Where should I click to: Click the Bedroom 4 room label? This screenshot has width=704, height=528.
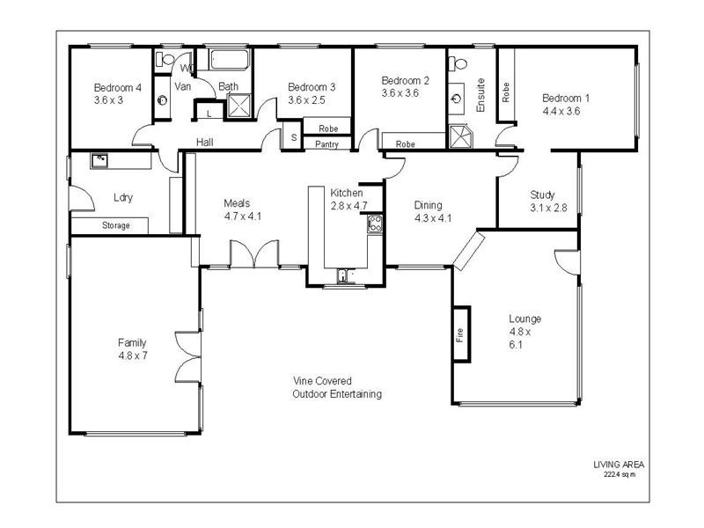pyautogui.click(x=118, y=87)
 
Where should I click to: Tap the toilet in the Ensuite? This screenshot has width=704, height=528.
pyautogui.click(x=458, y=62)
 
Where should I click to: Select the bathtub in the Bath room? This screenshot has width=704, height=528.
pyautogui.click(x=229, y=60)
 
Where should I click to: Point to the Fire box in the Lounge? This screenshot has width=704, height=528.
pyautogui.click(x=461, y=334)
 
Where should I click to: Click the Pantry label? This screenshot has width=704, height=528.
pyautogui.click(x=326, y=144)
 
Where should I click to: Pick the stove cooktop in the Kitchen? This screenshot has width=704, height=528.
pyautogui.click(x=375, y=224)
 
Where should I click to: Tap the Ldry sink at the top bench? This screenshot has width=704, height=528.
pyautogui.click(x=99, y=160)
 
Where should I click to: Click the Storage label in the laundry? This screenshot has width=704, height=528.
pyautogui.click(x=116, y=225)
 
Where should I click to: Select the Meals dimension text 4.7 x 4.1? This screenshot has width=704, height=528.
pyautogui.click(x=243, y=216)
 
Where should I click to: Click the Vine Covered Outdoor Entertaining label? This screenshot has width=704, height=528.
pyautogui.click(x=337, y=387)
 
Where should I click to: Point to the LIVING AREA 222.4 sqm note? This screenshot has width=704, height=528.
pyautogui.click(x=619, y=469)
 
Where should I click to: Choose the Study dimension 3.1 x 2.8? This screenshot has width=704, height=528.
pyautogui.click(x=548, y=208)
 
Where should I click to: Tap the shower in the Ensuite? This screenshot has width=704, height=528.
pyautogui.click(x=459, y=137)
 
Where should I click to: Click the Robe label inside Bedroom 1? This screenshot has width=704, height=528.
pyautogui.click(x=506, y=92)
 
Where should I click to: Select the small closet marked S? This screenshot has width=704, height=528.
pyautogui.click(x=294, y=137)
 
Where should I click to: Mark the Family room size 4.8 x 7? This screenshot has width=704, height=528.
pyautogui.click(x=133, y=356)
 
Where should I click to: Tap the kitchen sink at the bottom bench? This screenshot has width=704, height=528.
pyautogui.click(x=344, y=275)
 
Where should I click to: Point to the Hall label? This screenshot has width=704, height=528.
pyautogui.click(x=205, y=143)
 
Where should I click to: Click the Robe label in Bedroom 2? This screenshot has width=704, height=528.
pyautogui.click(x=405, y=144)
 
